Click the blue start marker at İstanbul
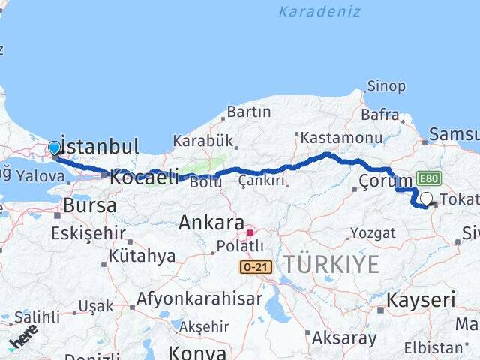[54, 148]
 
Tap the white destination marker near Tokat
[427, 199]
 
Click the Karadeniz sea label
[319, 12]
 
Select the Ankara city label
[211, 223]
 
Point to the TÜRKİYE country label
[331, 263]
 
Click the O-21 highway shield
[256, 266]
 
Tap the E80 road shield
[430, 178]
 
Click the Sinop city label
[387, 86]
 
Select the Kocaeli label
[145, 177]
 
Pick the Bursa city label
[89, 205]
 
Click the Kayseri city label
[421, 300]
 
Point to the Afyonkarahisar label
[199, 298]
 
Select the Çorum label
[385, 181]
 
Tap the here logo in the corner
[25, 335]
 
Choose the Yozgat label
[373, 232]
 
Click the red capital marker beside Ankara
[250, 232]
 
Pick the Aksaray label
[344, 337]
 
